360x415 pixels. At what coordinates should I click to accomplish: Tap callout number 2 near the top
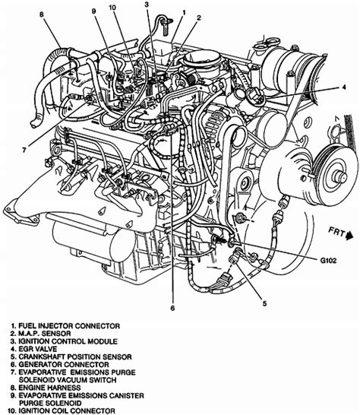coord(198,17)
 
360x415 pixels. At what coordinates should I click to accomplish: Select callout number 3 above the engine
coord(146,5)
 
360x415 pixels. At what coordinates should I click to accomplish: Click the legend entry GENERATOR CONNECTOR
coord(59,365)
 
